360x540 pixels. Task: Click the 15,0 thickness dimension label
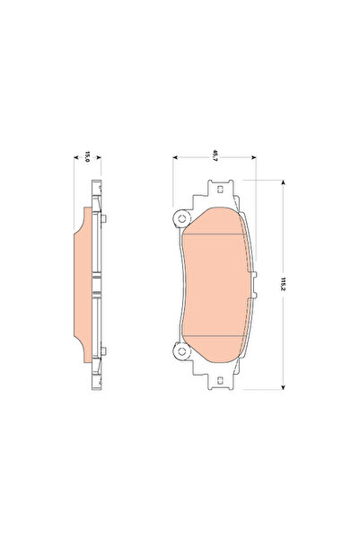tap(87, 156)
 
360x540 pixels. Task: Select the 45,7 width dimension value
tap(215, 155)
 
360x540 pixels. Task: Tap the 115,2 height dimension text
tap(284, 284)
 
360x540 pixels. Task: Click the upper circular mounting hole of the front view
tap(181, 218)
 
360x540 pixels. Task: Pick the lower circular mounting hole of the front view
tap(181, 351)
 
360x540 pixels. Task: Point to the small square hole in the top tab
tap(220, 189)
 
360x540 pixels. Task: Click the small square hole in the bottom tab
tap(220, 380)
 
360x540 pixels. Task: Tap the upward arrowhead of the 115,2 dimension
tap(283, 182)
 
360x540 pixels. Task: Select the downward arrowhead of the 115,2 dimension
tap(283, 386)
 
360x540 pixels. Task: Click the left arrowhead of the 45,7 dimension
tap(175, 157)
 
